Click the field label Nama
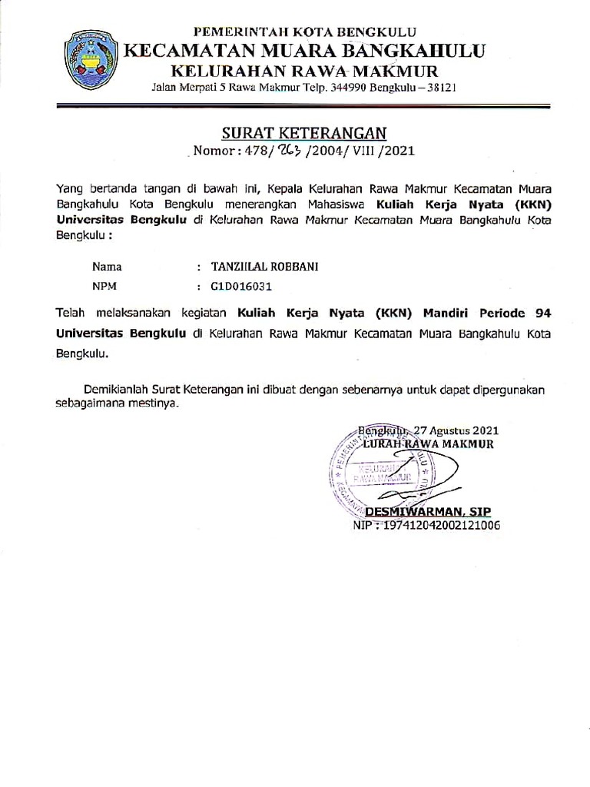(107, 267)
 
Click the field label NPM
(104, 287)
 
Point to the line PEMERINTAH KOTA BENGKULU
(304, 32)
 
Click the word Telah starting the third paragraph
(69, 314)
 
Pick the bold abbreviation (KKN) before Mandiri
(393, 314)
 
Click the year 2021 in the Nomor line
(399, 151)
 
